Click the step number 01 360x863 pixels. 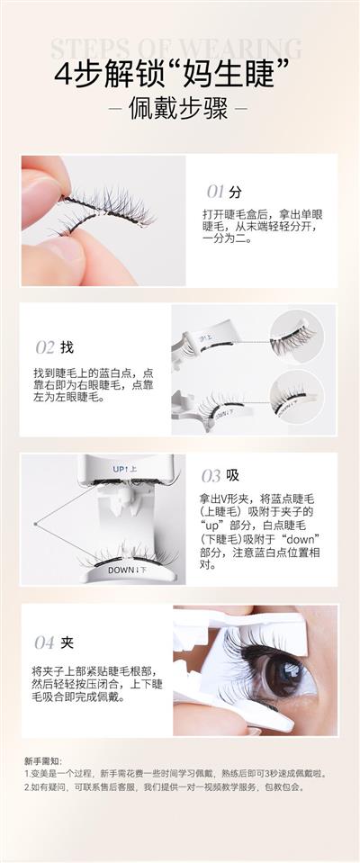click(215, 192)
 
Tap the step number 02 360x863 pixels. click(45, 347)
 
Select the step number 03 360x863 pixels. click(211, 475)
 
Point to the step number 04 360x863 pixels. click(45, 643)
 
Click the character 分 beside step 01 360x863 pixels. click(236, 192)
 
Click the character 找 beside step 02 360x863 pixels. click(67, 347)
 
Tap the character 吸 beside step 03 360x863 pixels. click(232, 475)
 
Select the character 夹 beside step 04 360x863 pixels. click(67, 643)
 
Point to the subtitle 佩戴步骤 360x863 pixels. click(178, 109)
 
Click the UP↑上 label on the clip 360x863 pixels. click(125, 469)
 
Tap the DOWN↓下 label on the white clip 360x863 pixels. click(127, 570)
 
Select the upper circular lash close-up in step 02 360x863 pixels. click(297, 337)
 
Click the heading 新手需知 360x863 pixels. click(39, 760)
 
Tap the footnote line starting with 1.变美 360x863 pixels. click(175, 774)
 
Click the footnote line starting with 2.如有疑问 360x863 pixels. click(164, 787)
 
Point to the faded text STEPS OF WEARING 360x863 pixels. click(176, 49)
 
